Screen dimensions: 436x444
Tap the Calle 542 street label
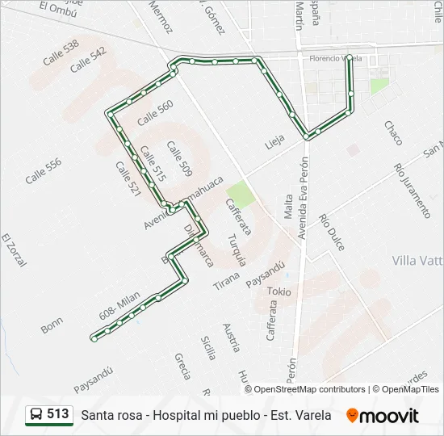(88, 60)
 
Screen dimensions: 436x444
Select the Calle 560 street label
(155, 112)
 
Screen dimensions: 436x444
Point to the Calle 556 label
(43, 171)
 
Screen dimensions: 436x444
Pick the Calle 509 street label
(179, 158)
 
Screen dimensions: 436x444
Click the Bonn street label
(51, 325)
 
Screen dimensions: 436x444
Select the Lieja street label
(275, 144)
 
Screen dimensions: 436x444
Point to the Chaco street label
(392, 132)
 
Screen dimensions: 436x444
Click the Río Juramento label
(412, 191)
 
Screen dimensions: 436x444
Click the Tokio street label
(282, 291)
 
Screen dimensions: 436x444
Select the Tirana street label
(227, 280)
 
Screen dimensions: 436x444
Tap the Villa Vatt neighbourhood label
(417, 260)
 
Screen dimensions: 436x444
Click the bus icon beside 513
(36, 415)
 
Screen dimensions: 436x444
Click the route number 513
(58, 414)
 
